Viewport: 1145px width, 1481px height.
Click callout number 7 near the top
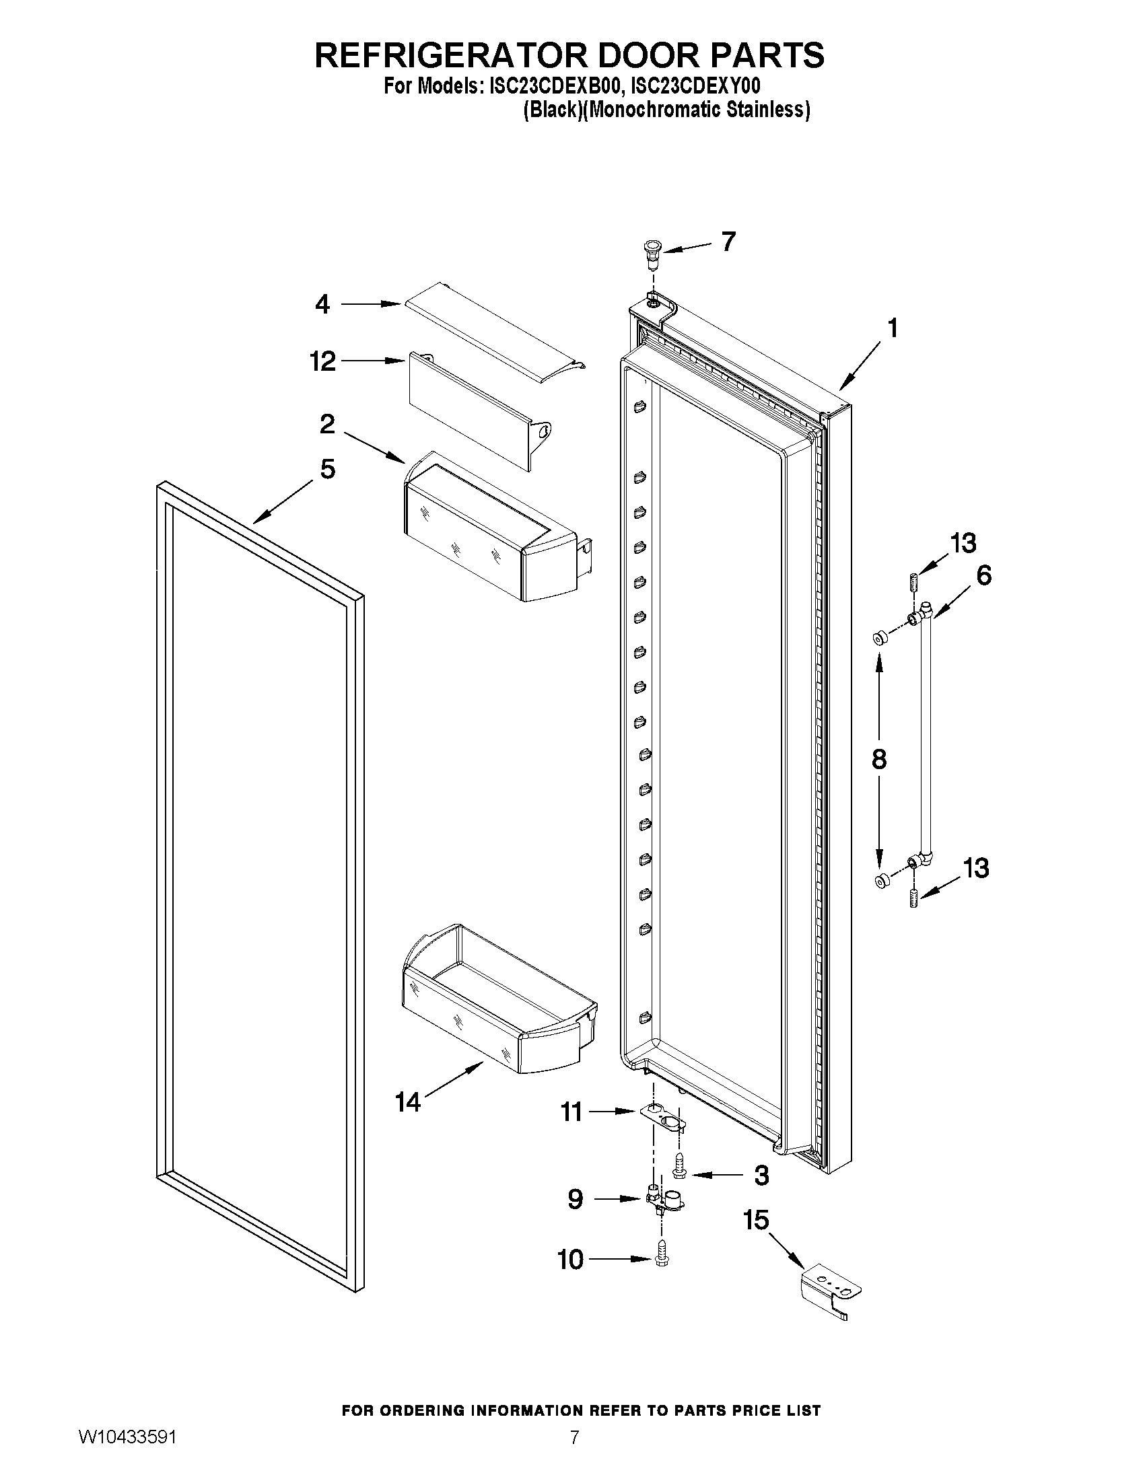[x=728, y=242]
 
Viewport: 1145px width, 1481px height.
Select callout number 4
[x=323, y=304]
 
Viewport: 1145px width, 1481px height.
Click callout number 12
[x=323, y=361]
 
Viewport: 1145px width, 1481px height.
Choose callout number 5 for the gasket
[x=328, y=468]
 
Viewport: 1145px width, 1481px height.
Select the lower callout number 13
[x=976, y=868]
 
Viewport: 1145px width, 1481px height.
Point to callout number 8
[x=878, y=759]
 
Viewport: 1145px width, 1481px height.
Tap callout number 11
[x=571, y=1112]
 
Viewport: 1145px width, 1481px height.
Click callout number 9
[x=575, y=1200]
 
